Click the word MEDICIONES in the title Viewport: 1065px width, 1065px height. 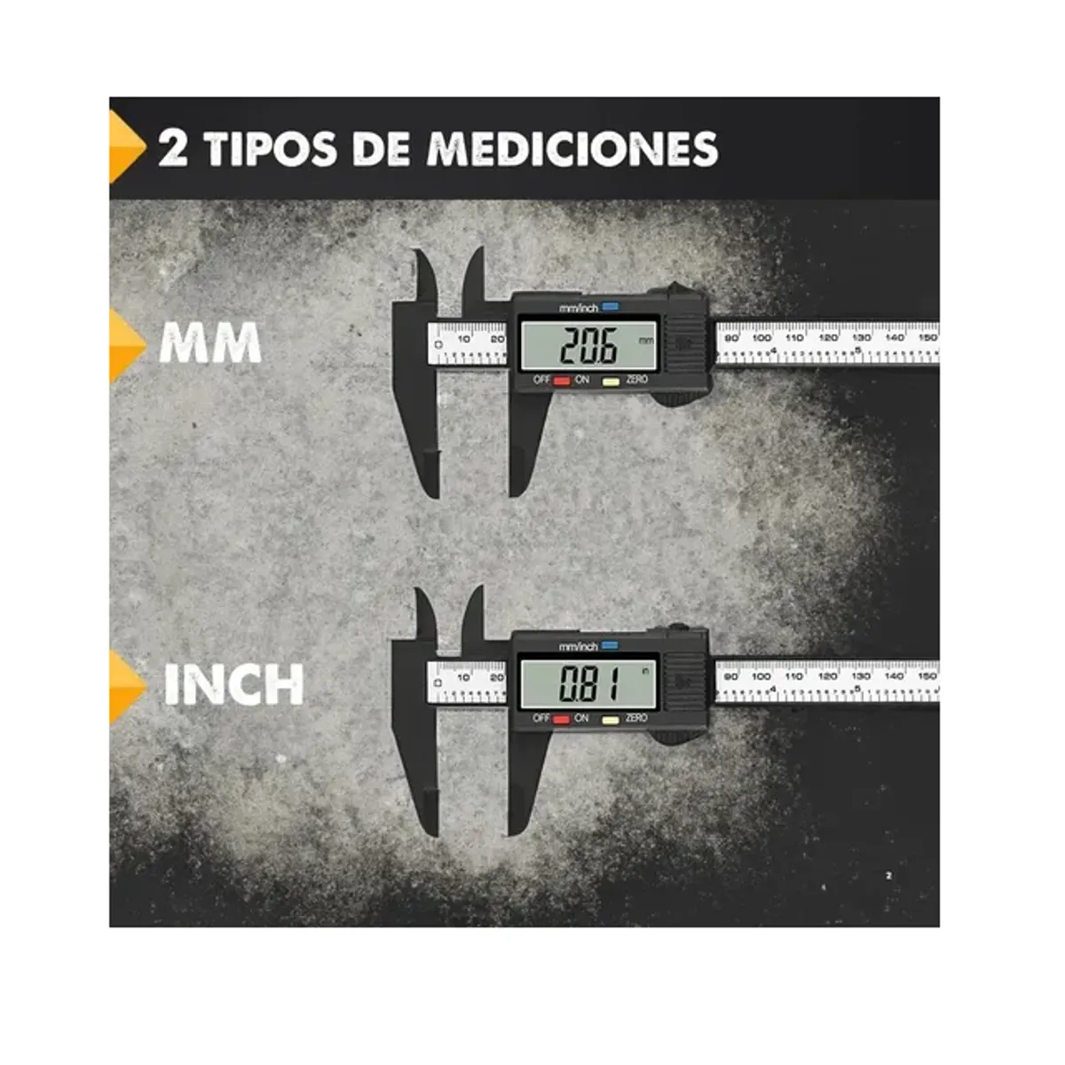tap(572, 148)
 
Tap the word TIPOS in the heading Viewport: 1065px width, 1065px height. tap(272, 148)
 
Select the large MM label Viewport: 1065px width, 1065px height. tap(210, 344)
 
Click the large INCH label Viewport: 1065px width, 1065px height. tap(234, 684)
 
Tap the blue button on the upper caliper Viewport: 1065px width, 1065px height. tap(611, 307)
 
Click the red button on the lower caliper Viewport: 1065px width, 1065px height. tap(561, 719)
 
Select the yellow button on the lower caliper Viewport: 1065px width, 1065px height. tap(611, 719)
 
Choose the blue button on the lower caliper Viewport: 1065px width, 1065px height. tap(610, 645)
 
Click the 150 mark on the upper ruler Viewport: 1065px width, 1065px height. tap(927, 337)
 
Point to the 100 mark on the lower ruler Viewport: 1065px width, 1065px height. tap(761, 676)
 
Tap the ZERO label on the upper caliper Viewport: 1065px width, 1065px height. tap(637, 380)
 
